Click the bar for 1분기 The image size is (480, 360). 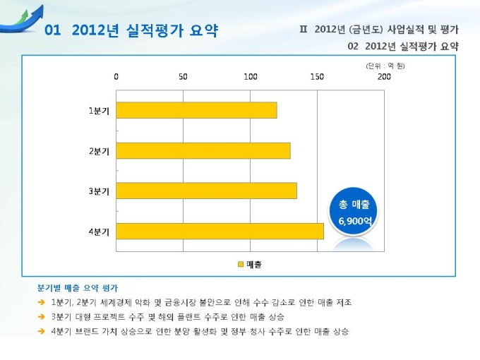pos(196,110)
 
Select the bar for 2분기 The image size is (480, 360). pos(203,150)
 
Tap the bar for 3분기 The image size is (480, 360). pos(206,191)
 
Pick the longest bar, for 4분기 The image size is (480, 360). pos(220,231)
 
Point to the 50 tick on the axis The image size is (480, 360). pos(184,76)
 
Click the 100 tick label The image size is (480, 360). pos(250,76)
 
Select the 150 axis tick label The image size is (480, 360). pos(317,76)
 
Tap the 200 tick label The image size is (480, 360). pos(384,76)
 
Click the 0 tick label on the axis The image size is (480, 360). pos(116,76)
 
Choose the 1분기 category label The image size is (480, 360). pos(99,110)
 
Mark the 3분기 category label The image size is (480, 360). pos(99,191)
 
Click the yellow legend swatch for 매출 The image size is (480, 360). pos(240,264)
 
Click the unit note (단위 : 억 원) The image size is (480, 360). pos(385,66)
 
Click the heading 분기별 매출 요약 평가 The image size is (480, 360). pos(77,288)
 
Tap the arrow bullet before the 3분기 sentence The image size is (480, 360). pos(42,317)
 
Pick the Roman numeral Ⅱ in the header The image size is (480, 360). pos(304,30)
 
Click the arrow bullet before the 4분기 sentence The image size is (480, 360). pos(42,331)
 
